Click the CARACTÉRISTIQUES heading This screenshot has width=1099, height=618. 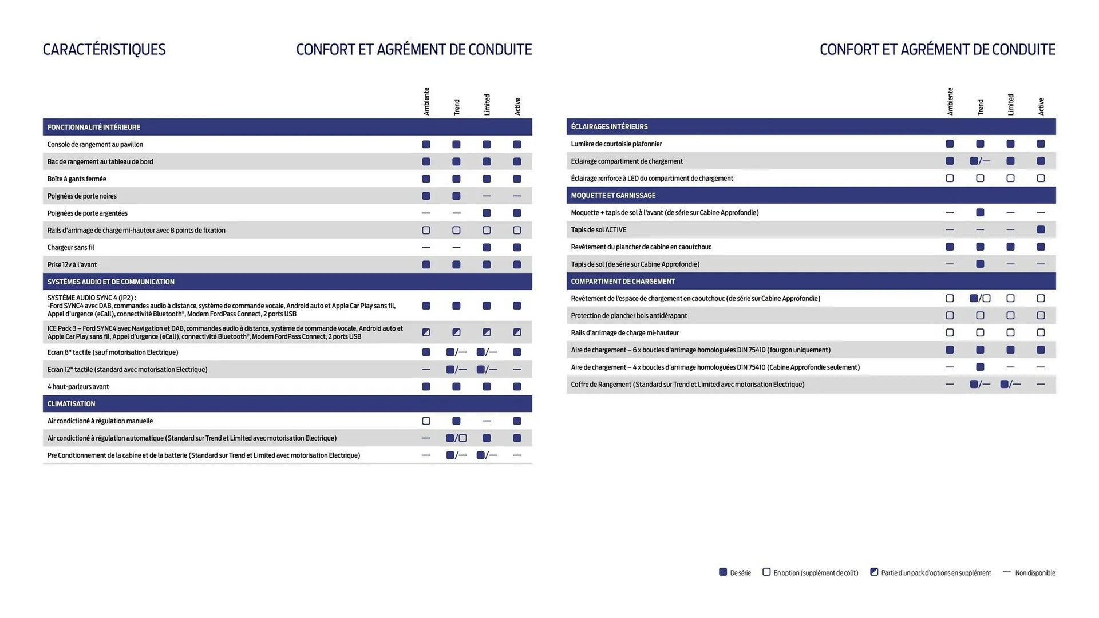coord(104,50)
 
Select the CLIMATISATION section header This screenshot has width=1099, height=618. coord(71,404)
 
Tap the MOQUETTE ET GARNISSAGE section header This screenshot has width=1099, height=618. coord(613,196)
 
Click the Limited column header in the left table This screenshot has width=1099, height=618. coord(487,105)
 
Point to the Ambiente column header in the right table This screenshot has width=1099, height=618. coord(950,101)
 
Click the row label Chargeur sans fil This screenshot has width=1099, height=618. coord(70,248)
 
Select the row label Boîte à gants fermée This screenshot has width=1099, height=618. coord(77,179)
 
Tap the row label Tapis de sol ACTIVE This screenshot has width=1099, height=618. coord(598,230)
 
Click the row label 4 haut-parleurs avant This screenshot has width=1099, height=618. coord(78,387)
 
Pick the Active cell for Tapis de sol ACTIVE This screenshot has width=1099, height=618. coord(1041,230)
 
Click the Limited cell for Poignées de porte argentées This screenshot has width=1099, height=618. coord(487,213)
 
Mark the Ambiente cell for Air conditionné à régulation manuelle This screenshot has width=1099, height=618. coord(426,421)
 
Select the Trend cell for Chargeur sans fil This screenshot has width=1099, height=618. coord(456,248)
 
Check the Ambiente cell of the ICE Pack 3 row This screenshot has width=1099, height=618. coord(426,332)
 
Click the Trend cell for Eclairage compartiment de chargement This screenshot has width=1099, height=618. coord(980,161)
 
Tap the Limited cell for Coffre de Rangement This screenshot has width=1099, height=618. coord(1010,385)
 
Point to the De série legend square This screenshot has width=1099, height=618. coord(723,572)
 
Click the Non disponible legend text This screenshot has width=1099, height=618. coord(1035,573)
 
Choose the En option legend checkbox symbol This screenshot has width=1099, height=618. coord(766,572)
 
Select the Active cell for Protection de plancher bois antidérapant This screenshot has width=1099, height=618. coord(1041,316)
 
